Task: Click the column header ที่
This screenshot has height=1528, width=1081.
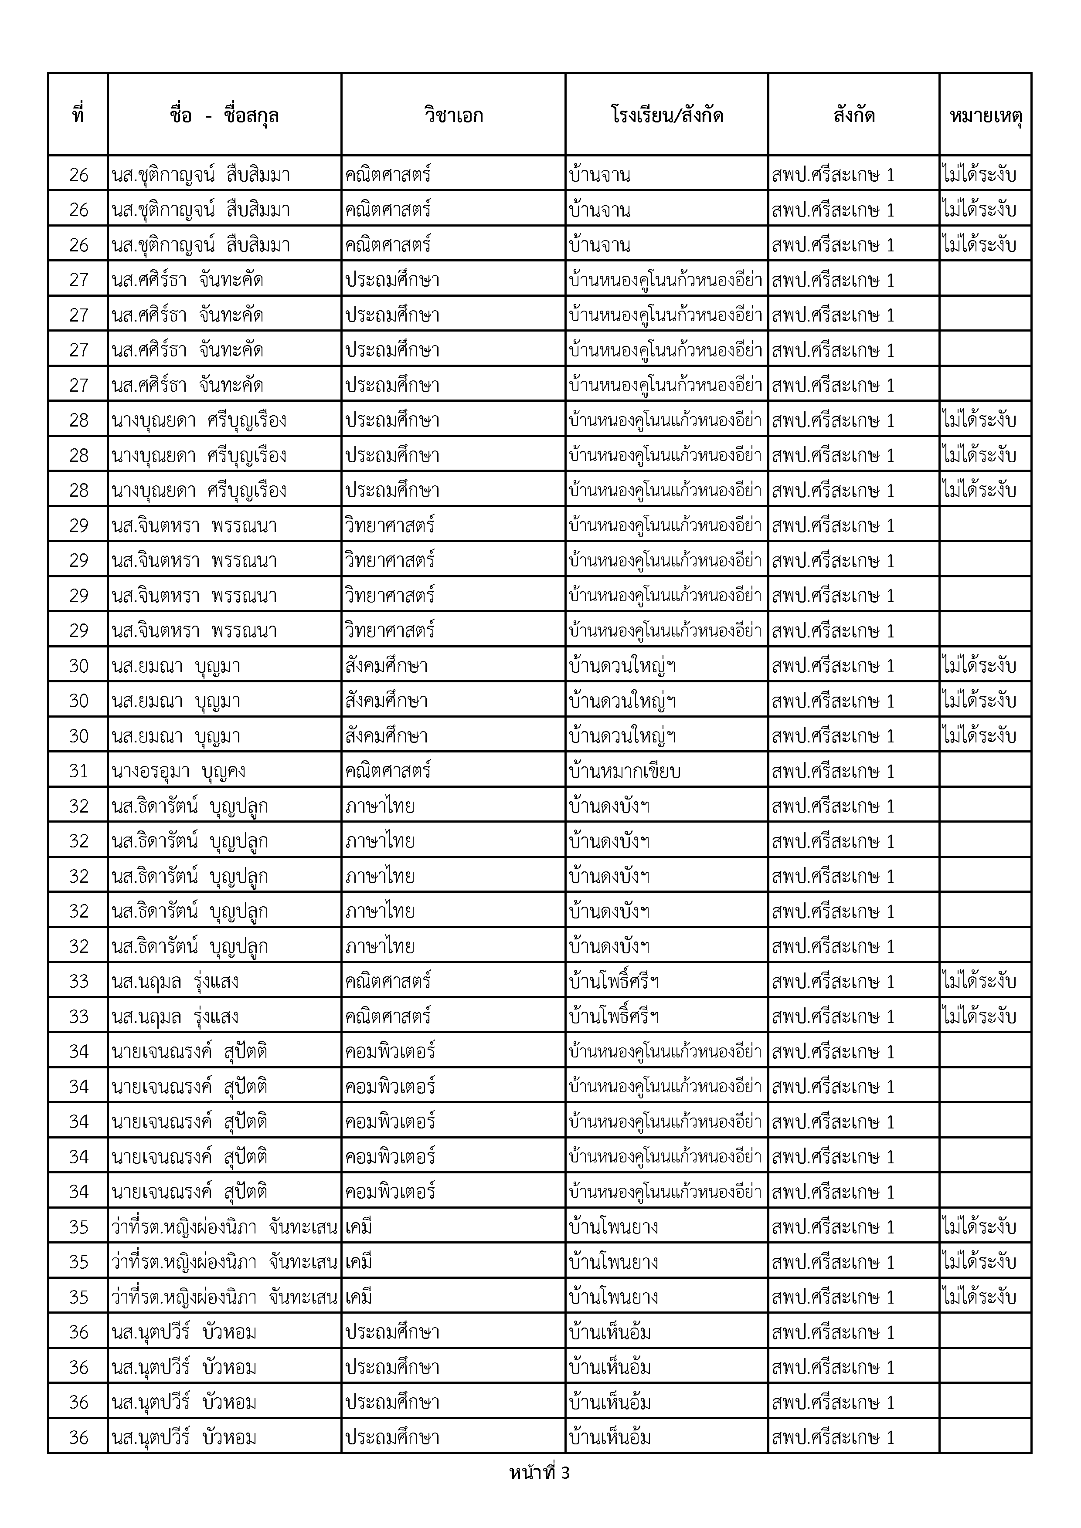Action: pyautogui.click(x=78, y=115)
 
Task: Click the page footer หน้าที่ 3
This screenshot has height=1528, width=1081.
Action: pyautogui.click(x=539, y=1473)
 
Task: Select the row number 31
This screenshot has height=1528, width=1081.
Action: pyautogui.click(x=78, y=771)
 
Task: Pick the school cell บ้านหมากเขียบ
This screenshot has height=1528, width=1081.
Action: pyautogui.click(x=624, y=771)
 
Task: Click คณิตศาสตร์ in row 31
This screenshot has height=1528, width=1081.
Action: pyautogui.click(x=388, y=771)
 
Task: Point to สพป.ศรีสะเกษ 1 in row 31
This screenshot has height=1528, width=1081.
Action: pyautogui.click(x=833, y=771)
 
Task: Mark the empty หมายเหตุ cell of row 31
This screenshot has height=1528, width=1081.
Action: pyautogui.click(x=985, y=771)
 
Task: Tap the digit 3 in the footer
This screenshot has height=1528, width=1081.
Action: pyautogui.click(x=565, y=1473)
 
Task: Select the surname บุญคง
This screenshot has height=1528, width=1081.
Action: pyautogui.click(x=220, y=771)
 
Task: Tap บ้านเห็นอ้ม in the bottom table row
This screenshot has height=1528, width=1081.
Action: pyautogui.click(x=610, y=1437)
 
